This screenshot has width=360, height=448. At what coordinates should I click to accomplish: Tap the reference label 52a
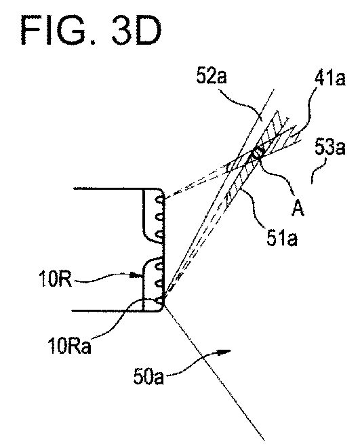tap(212, 77)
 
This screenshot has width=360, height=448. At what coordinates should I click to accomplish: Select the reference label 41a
tap(329, 78)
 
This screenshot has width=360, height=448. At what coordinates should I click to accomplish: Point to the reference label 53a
tap(330, 148)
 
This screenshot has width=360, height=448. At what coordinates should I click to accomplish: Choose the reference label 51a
tap(282, 239)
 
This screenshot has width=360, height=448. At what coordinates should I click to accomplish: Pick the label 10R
tap(55, 279)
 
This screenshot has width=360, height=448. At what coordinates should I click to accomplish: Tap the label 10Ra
tap(70, 346)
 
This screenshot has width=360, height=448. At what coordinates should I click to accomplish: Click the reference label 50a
tap(148, 377)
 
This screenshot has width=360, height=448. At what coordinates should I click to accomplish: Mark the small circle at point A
tap(256, 154)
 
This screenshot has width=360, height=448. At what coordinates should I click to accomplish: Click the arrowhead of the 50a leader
tap(225, 352)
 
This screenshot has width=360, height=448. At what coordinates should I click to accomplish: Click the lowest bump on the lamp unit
tap(160, 301)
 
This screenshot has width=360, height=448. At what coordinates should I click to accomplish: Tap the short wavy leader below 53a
tap(318, 171)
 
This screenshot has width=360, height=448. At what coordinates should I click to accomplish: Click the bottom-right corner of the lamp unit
tap(162, 310)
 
